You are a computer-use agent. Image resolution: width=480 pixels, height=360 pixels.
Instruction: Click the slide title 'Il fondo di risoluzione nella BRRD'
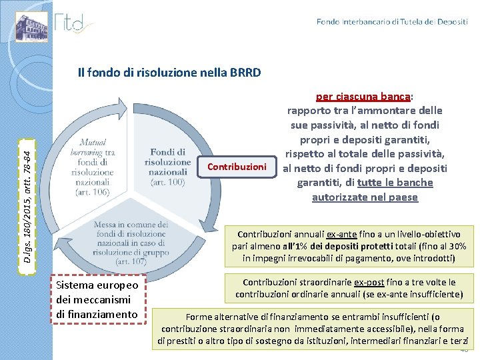pyautogui.click(x=169, y=73)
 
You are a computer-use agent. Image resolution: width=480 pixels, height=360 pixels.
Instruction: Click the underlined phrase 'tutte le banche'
pyautogui.click(x=395, y=183)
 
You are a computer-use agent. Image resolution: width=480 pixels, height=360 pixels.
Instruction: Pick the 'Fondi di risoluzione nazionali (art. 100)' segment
pyautogui.click(x=167, y=167)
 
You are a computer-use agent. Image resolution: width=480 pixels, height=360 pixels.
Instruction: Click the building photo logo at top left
pyautogui.click(x=32, y=26)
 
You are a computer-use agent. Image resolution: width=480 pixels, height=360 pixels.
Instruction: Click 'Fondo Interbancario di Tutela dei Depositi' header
pyautogui.click(x=392, y=22)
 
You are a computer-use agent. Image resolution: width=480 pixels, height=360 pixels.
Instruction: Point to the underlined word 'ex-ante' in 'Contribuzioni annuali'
pyautogui.click(x=341, y=235)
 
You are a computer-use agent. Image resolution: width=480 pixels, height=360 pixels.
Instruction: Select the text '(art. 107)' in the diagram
pyautogui.click(x=131, y=262)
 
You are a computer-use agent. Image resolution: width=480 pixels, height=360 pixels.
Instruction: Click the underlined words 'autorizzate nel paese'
pyautogui.click(x=365, y=197)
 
